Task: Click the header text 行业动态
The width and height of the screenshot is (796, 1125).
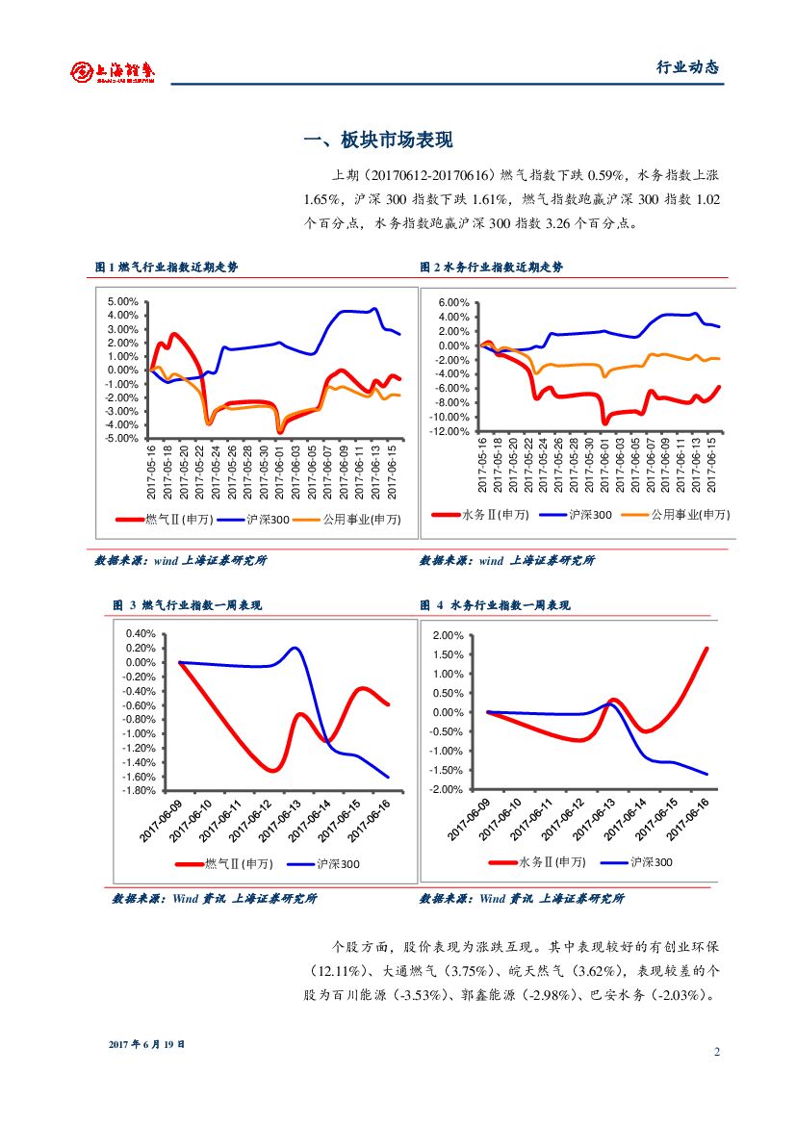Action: [687, 67]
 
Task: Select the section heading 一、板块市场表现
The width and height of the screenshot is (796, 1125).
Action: [377, 141]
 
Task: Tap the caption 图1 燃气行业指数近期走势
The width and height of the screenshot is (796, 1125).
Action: [167, 268]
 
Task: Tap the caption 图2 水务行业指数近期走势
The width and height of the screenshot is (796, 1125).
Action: [492, 268]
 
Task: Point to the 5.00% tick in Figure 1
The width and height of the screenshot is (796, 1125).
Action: [124, 301]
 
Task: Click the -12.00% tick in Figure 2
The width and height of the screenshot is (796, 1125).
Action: [449, 431]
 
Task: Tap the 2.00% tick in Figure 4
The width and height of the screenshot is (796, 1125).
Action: [449, 636]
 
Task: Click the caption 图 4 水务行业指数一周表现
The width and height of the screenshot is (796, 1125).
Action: [495, 605]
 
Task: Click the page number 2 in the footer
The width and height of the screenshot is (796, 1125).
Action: [717, 1051]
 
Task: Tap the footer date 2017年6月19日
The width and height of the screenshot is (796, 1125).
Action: [146, 1044]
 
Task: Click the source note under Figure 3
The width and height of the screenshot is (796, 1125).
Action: [215, 899]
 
